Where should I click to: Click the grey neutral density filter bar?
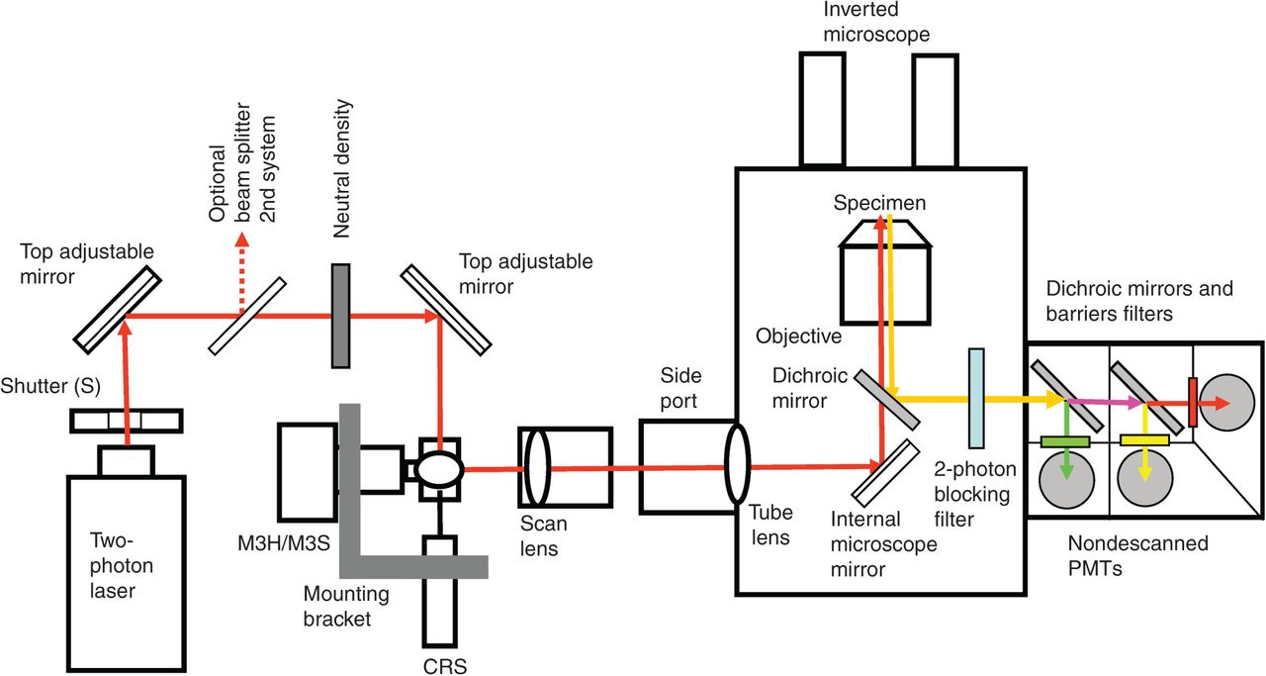(340, 316)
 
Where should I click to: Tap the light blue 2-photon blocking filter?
(976, 398)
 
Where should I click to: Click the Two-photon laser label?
(121, 565)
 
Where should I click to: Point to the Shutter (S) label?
(50, 386)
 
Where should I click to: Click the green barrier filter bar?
(1065, 441)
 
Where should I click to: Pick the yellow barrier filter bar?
(1144, 440)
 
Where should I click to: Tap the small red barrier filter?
(1193, 402)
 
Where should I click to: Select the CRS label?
(445, 666)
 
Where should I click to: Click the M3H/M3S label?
(284, 543)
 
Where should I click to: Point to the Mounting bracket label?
(346, 606)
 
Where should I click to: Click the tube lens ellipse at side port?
(737, 464)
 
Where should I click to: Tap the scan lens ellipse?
(537, 467)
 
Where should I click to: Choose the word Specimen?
(879, 203)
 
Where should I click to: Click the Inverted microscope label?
(876, 22)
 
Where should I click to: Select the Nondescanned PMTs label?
(1137, 555)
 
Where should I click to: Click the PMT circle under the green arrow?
(1066, 480)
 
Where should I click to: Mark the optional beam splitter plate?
(247, 316)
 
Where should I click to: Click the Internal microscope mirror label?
(883, 543)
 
